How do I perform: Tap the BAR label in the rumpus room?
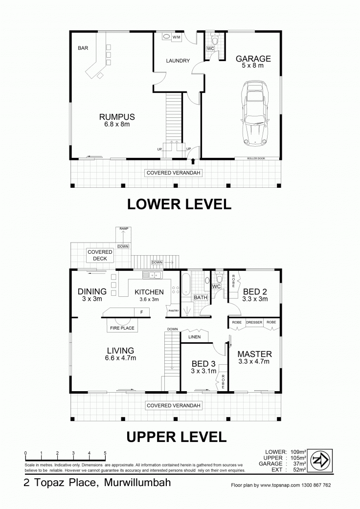83,48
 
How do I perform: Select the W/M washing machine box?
176,37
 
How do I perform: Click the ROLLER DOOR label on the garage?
256,158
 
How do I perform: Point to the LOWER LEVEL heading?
179,204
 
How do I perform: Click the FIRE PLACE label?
122,328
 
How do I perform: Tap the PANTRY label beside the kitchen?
174,310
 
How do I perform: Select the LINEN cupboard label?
195,336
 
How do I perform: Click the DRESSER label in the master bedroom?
254,322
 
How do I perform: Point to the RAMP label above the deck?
124,228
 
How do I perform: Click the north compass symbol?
320,460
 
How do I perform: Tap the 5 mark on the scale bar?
105,453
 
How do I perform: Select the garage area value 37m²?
299,464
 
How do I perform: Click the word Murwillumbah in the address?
137,483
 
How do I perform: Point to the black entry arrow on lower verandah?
193,161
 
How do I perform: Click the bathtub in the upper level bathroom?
186,285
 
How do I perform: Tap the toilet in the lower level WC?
215,39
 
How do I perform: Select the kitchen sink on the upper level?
152,275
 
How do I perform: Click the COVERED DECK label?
100,255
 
